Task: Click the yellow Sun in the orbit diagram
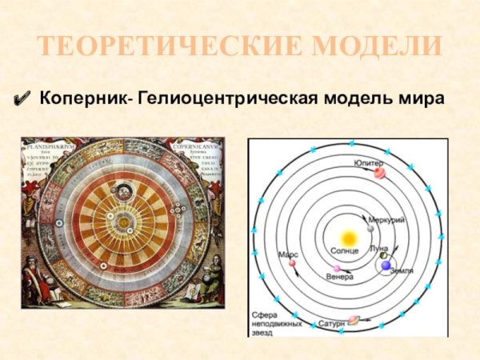[349, 238]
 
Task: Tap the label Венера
[340, 278]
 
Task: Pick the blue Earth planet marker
[386, 264]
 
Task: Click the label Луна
[379, 249]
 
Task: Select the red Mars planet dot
[293, 262]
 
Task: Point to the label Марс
[288, 254]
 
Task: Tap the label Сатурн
[331, 323]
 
